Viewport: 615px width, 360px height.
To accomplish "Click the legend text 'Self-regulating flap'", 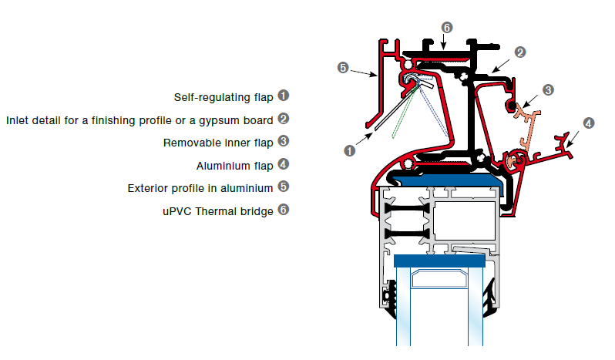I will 223,97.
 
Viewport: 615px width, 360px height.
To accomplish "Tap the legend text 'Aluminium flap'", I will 234,164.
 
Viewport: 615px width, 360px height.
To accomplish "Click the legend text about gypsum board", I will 139,119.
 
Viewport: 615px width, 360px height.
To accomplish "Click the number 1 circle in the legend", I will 284,96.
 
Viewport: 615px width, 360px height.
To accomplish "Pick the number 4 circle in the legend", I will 284,163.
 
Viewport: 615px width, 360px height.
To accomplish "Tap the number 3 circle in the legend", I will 284,141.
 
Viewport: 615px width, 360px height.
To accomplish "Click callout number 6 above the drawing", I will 447,27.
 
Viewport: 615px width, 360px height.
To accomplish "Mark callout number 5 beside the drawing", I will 344,68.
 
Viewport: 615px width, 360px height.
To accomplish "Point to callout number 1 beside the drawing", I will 349,151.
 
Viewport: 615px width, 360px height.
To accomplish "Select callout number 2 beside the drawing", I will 520,52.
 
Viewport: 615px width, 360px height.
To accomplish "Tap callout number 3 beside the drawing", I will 548,90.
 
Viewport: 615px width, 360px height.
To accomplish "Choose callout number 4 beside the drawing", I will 589,123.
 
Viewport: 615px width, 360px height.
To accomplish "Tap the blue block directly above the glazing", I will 440,261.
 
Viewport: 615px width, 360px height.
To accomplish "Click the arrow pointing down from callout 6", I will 446,40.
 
